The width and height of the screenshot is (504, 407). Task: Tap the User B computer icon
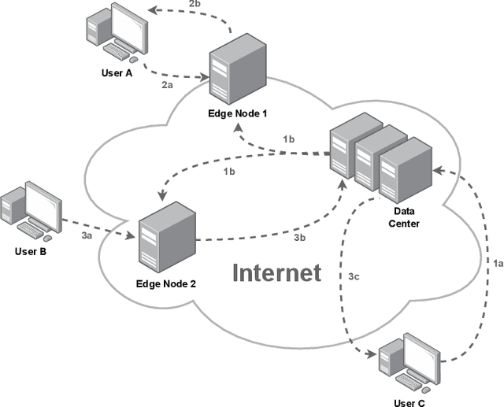pos(29,211)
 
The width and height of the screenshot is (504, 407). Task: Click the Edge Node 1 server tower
pos(233,72)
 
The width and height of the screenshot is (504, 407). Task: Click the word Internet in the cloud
pos(276,272)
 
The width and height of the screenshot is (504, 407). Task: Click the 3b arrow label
pos(300,236)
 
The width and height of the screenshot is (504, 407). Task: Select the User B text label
pos(31,252)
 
